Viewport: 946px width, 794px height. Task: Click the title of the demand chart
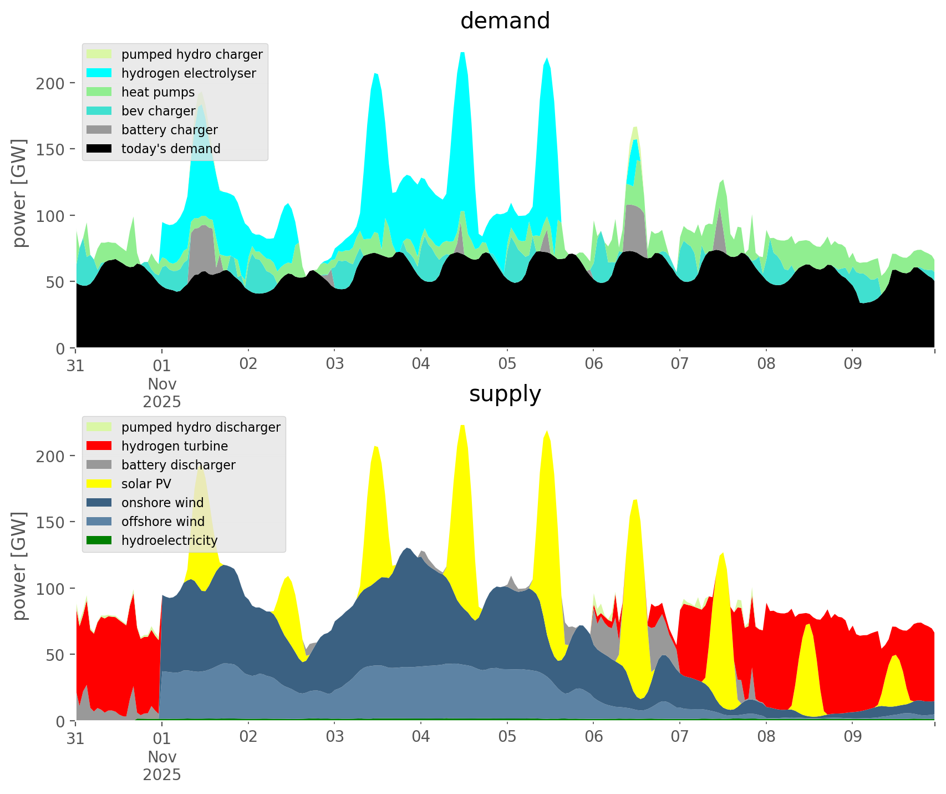pyautogui.click(x=505, y=21)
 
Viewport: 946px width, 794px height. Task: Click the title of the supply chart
pyautogui.click(x=505, y=394)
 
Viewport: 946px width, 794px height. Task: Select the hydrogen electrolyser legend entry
pyautogui.click(x=189, y=73)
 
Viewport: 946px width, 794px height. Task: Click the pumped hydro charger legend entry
pyautogui.click(x=192, y=54)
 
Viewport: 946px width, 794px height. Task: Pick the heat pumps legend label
pyautogui.click(x=158, y=92)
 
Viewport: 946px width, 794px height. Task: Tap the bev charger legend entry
pyautogui.click(x=159, y=111)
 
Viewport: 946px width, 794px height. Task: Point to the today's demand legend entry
pyautogui.click(x=171, y=149)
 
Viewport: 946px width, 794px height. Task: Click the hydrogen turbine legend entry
pyautogui.click(x=175, y=446)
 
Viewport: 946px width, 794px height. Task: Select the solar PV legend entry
pyautogui.click(x=146, y=484)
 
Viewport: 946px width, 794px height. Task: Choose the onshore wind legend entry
pyautogui.click(x=162, y=503)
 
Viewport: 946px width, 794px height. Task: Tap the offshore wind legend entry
pyautogui.click(x=163, y=522)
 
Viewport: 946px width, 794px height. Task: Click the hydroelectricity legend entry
pyautogui.click(x=170, y=540)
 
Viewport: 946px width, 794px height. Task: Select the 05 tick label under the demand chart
pyautogui.click(x=507, y=365)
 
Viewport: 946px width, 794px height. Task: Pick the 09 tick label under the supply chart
pyautogui.click(x=852, y=737)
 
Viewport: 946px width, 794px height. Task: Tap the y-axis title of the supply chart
pyautogui.click(x=20, y=566)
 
